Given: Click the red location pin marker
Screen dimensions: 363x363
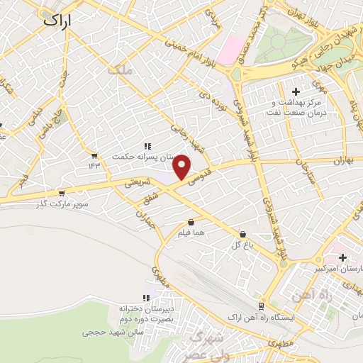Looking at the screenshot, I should pos(182,167).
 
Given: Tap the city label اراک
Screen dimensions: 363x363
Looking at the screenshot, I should pos(58,20).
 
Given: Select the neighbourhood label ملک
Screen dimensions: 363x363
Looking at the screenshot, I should pos(120,70).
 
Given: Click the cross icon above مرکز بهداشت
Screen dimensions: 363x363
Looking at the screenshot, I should pos(296,91).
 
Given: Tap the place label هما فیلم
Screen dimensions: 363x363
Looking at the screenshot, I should pos(193,234).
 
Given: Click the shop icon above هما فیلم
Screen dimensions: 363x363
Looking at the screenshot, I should pos(191,222).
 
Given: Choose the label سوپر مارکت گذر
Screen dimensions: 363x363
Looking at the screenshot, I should pos(62,204).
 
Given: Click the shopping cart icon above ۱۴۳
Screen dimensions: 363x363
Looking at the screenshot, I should pos(94,155).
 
